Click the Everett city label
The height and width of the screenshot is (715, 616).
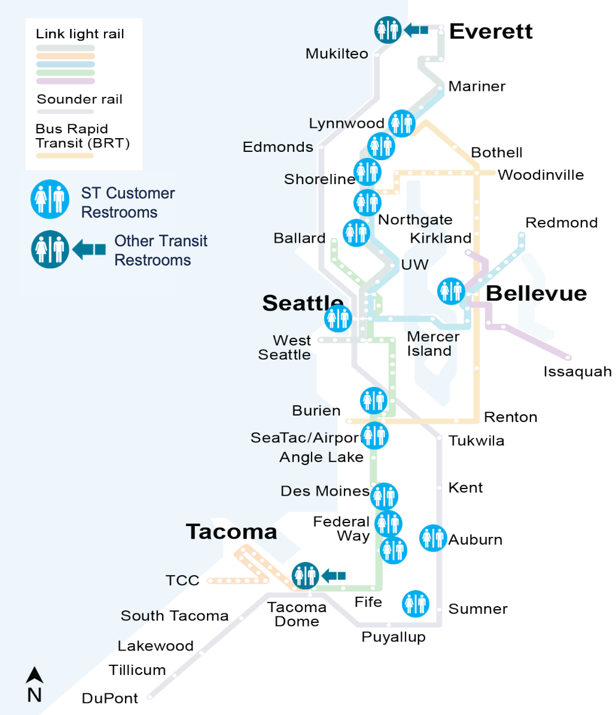[490, 32]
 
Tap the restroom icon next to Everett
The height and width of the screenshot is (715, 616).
[388, 29]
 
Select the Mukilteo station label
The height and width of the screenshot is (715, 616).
[337, 54]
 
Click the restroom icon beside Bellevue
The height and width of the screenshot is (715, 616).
[452, 291]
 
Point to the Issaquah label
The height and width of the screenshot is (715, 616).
[577, 372]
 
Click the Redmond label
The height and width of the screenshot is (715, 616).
[562, 223]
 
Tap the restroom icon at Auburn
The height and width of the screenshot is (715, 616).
[432, 539]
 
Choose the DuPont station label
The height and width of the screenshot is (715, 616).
[110, 698]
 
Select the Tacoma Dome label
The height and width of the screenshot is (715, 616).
[297, 615]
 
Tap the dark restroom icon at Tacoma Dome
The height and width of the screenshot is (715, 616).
[305, 575]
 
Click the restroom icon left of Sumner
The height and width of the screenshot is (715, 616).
[415, 604]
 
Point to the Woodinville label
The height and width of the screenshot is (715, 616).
[541, 175]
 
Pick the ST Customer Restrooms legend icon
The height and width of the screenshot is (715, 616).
[50, 199]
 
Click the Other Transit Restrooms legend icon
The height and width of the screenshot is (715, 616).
[50, 249]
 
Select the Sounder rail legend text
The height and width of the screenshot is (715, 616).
[80, 99]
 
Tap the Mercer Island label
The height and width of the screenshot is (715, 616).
[433, 344]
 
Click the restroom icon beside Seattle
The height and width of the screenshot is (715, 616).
[338, 318]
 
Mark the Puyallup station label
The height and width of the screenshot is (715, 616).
[394, 637]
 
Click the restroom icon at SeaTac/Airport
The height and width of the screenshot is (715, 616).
[375, 436]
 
